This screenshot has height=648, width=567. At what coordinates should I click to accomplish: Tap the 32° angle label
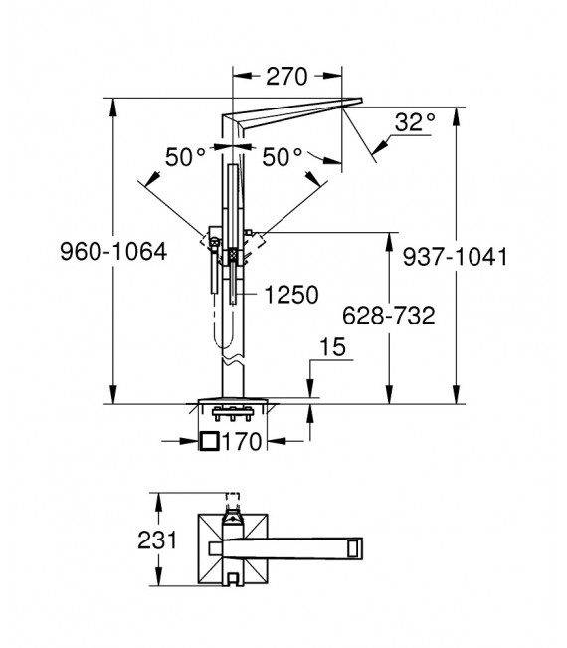(x=414, y=123)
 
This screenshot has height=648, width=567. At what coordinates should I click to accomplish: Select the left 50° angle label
(x=185, y=157)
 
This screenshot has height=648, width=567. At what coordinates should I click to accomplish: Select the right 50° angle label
(x=283, y=157)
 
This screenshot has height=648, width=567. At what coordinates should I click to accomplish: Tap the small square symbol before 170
(x=210, y=442)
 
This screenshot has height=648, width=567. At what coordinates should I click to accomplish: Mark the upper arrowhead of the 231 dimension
(x=158, y=498)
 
